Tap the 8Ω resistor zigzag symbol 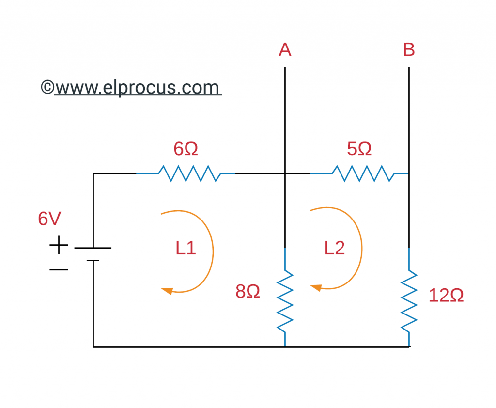(x=285, y=300)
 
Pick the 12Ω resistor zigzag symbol (x=409, y=300)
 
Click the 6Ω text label (x=186, y=149)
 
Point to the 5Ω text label (x=359, y=149)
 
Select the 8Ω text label (x=248, y=291)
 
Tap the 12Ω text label (x=446, y=296)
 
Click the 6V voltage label (x=49, y=219)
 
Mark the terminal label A (x=285, y=49)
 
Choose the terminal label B (x=409, y=49)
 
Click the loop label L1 (x=186, y=248)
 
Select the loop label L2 (x=335, y=248)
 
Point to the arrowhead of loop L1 (x=167, y=291)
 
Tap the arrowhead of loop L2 (x=316, y=288)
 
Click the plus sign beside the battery (x=59, y=245)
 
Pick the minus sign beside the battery (x=59, y=269)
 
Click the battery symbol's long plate (x=93, y=248)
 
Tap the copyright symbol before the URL (x=47, y=88)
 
